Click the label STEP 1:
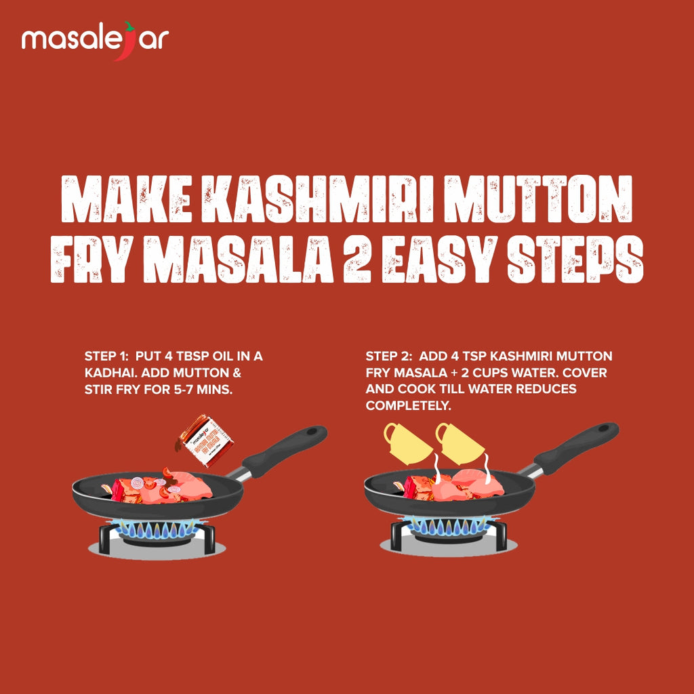(x=106, y=356)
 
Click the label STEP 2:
(x=388, y=356)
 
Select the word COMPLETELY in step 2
(x=408, y=406)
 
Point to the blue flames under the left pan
(x=157, y=529)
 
